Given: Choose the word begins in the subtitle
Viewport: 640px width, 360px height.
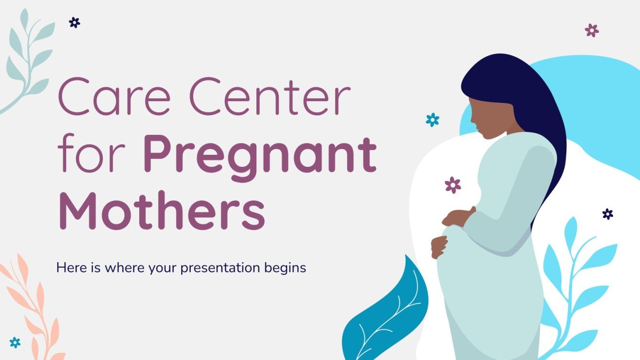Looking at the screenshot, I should coord(285,268).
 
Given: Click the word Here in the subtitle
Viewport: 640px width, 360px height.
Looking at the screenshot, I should coord(69,267).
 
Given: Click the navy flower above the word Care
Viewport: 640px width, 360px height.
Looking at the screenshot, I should coord(74,22).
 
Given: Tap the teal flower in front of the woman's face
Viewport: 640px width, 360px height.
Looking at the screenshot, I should coord(432,120).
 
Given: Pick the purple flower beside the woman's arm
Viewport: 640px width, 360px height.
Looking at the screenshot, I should coord(452,185).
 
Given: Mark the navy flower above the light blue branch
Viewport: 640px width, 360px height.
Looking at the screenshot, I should coord(607,214).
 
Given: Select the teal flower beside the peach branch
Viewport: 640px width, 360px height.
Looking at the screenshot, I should coord(15,342).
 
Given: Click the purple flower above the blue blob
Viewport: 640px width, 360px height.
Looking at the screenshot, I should coord(592,30).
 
